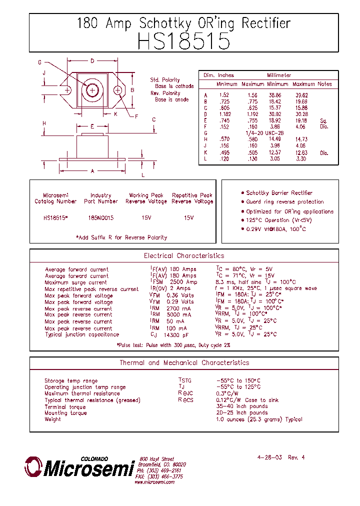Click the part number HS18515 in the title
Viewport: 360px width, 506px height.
183,41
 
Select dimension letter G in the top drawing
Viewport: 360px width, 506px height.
39,62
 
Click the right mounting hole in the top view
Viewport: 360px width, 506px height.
118,90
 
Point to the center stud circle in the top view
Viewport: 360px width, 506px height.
92,90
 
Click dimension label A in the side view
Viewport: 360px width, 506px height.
92,171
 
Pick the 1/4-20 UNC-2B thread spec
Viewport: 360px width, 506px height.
265,133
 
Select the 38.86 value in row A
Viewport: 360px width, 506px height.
274,95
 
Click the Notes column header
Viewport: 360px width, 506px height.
324,84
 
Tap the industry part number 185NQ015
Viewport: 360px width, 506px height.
101,218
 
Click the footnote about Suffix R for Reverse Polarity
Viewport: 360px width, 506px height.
121,237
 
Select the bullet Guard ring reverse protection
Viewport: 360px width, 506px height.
284,202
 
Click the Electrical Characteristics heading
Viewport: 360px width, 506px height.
184,256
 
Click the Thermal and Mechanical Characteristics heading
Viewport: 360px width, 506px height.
184,363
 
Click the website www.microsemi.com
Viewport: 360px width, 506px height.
154,482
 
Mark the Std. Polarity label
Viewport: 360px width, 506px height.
165,80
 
